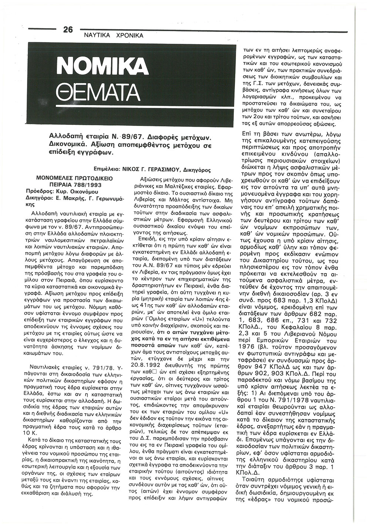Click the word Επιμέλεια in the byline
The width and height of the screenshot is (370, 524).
(107, 170)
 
